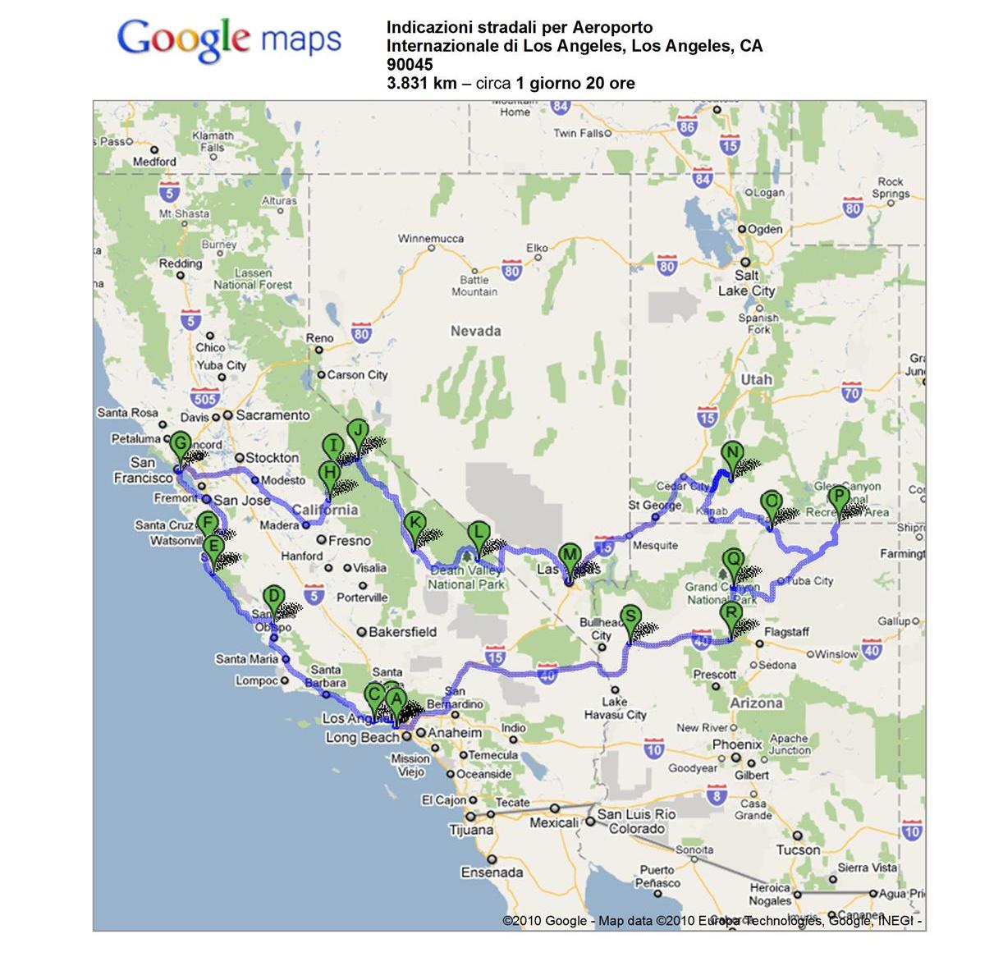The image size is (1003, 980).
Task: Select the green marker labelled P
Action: coord(837,498)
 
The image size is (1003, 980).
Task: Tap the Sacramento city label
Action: coord(273,415)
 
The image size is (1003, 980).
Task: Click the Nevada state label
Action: coord(475,332)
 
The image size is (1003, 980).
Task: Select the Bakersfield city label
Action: coord(402,632)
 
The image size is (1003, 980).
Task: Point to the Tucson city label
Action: coord(798,850)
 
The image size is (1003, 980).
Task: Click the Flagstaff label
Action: coord(786,632)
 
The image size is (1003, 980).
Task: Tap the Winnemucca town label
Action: coord(430,239)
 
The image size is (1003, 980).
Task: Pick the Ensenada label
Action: coord(492,872)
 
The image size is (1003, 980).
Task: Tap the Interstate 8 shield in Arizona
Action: coord(717,795)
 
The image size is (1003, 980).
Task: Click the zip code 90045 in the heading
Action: coord(410,64)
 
